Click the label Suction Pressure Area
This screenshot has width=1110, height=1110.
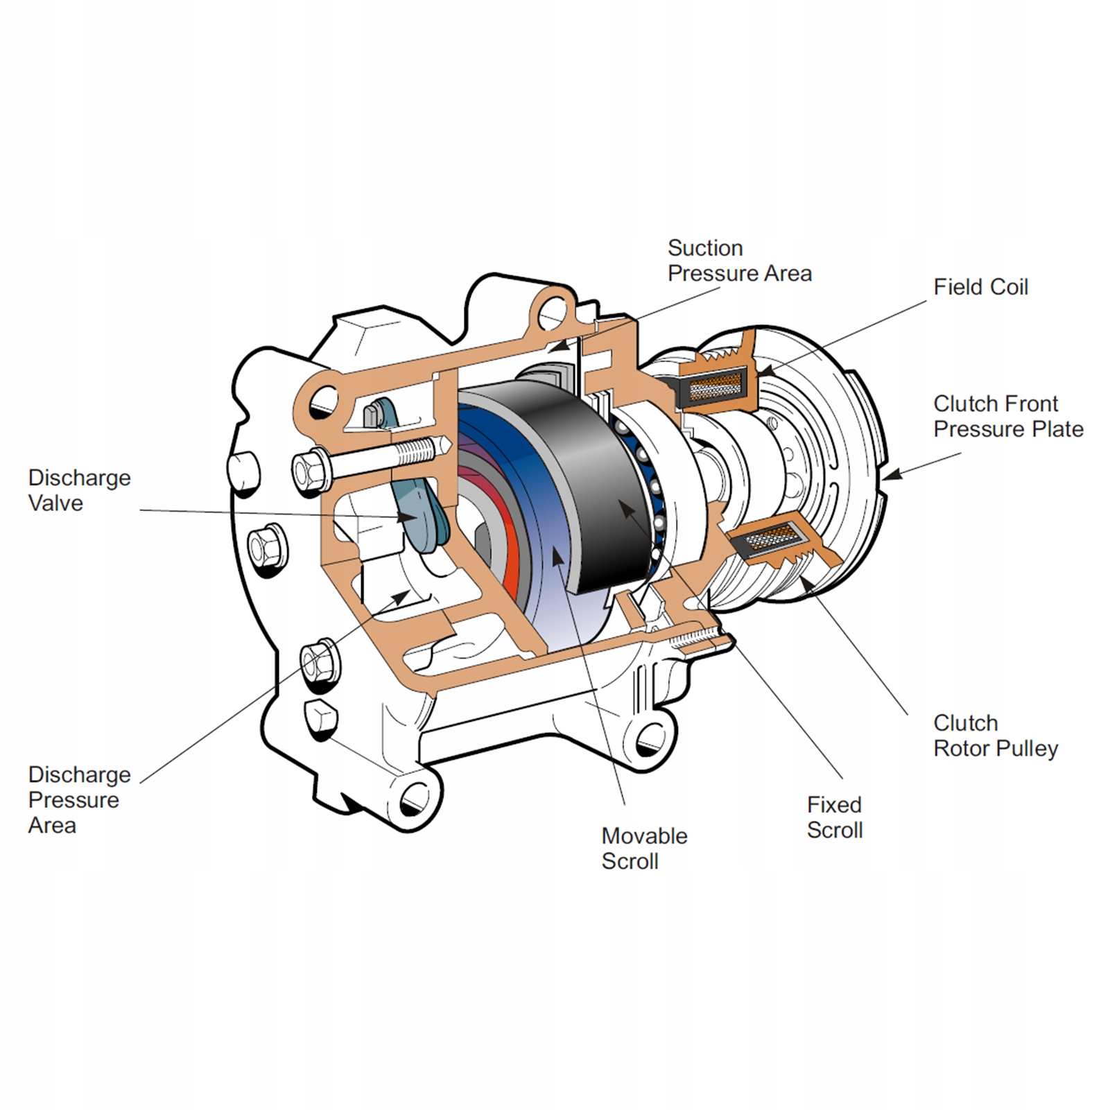(739, 261)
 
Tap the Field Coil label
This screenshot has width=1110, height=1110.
(980, 287)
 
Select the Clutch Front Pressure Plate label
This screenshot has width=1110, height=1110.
(1008, 416)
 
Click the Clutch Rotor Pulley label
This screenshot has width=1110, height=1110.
(996, 736)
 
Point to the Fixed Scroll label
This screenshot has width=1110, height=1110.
(835, 817)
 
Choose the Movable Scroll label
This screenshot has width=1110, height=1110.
(644, 849)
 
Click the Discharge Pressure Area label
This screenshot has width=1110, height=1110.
(79, 799)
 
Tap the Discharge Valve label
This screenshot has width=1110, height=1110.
(79, 490)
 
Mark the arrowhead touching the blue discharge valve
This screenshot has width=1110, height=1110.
(408, 517)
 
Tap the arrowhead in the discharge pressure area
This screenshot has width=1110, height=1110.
(402, 596)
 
